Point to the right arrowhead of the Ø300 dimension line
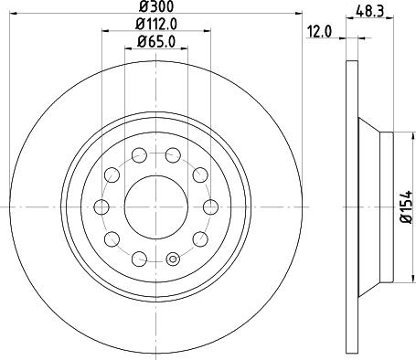(298, 14)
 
